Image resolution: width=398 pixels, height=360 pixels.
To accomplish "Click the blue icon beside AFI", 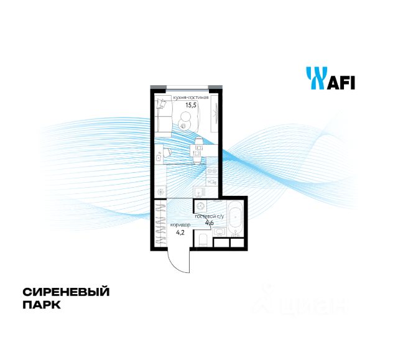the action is (x=315, y=78).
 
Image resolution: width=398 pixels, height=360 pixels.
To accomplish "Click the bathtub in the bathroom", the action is (x=236, y=218).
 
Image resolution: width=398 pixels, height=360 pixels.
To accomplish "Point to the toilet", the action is (x=203, y=240).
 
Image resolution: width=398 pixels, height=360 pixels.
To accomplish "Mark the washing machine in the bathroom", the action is (x=201, y=207).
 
